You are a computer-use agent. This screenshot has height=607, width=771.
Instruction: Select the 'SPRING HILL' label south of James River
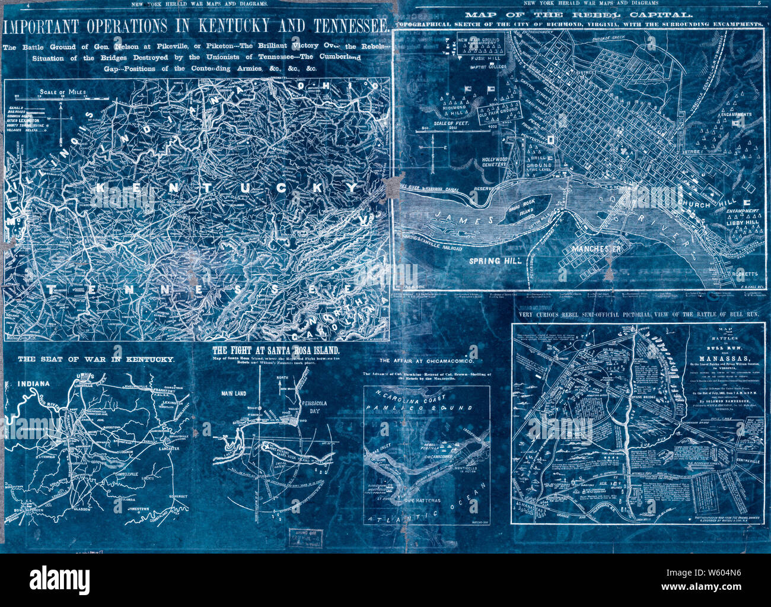click(490, 260)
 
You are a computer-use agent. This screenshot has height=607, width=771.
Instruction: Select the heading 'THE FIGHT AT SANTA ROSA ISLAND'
click(276, 350)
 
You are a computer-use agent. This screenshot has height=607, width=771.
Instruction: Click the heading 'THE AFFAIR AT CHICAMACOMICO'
click(426, 361)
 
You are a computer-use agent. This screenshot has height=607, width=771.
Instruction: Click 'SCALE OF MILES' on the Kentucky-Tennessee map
click(62, 92)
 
